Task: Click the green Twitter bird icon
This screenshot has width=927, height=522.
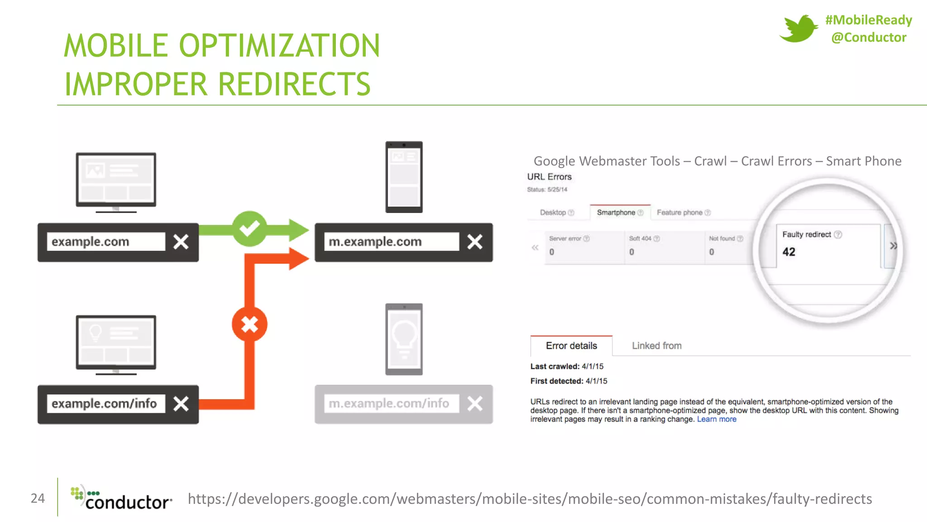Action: point(798,28)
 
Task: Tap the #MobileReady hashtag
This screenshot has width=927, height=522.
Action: point(868,20)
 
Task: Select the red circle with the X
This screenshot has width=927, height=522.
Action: point(249,324)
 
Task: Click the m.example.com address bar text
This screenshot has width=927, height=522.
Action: point(375,242)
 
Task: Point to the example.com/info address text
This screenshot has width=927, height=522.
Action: point(104,404)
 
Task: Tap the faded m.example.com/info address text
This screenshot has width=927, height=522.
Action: point(389,403)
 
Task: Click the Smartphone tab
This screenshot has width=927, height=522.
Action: point(616,213)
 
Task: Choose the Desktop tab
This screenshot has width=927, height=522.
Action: point(553,213)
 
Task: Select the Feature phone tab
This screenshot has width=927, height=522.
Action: point(679,213)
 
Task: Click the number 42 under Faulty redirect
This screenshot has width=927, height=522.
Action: point(789,252)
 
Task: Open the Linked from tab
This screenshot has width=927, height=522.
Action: point(657,346)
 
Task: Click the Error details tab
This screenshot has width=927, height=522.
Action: point(571,346)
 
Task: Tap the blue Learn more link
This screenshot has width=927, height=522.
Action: point(717,419)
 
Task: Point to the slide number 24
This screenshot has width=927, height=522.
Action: point(38,498)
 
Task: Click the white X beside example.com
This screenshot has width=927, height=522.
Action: point(181,242)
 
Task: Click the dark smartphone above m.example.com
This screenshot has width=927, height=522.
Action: point(404,177)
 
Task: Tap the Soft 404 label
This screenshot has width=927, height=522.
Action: point(640,238)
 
